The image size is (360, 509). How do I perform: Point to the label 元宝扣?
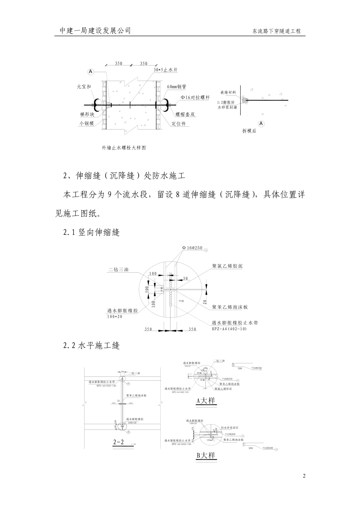coord(84,87)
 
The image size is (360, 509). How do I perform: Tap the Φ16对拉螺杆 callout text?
coord(195,97)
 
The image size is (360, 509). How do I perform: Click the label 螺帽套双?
coord(185,114)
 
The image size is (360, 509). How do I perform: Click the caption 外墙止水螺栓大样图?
coord(124,148)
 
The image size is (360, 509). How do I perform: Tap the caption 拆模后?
coord(249,131)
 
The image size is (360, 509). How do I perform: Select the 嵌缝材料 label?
coord(228,92)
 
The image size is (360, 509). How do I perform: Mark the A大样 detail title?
coord(206,400)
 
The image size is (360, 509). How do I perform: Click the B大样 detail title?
coord(206,455)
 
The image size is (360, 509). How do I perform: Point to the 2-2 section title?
coord(118,442)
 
